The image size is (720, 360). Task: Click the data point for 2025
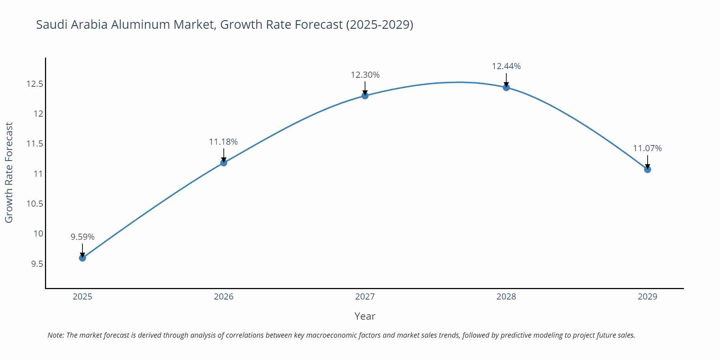(x=82, y=258)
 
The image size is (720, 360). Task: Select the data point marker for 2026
(x=224, y=163)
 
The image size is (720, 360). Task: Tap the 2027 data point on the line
(x=365, y=95)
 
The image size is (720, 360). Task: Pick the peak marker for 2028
(x=506, y=87)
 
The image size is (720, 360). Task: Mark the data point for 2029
(x=647, y=169)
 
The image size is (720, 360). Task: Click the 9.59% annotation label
(x=82, y=237)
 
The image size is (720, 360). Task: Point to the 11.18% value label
(x=223, y=142)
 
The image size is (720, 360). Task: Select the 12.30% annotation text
(x=365, y=75)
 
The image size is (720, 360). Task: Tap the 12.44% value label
(x=506, y=66)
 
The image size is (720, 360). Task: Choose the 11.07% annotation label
(x=647, y=148)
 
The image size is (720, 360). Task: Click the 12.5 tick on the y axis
(x=35, y=84)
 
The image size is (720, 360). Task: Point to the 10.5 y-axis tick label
(x=35, y=204)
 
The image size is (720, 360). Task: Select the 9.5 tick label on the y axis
(x=37, y=264)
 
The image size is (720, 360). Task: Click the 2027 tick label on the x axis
(x=365, y=297)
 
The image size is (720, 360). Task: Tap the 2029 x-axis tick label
(x=647, y=297)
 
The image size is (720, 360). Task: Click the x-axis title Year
(x=365, y=316)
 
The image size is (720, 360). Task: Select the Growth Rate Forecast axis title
(x=9, y=172)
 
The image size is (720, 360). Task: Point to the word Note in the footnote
(x=55, y=335)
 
